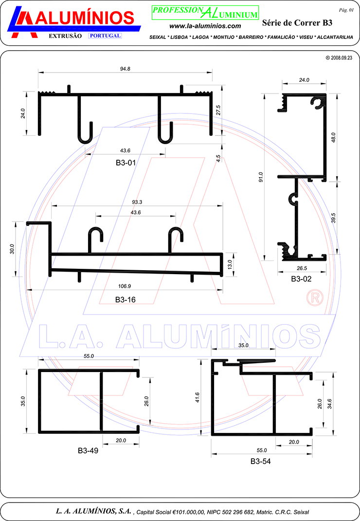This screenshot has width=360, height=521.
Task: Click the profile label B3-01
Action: [x=126, y=163]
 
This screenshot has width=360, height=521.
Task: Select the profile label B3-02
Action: [x=301, y=279]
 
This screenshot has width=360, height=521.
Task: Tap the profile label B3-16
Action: [x=125, y=300]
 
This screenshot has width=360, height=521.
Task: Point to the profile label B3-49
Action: [x=88, y=450]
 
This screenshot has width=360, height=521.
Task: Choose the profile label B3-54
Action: [x=260, y=461]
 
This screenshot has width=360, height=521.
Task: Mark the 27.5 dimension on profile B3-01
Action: [x=218, y=111]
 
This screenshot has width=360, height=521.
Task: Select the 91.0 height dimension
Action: [x=261, y=177]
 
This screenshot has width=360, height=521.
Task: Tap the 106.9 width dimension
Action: [x=125, y=286]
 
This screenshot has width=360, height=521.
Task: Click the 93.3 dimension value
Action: [x=137, y=202]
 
